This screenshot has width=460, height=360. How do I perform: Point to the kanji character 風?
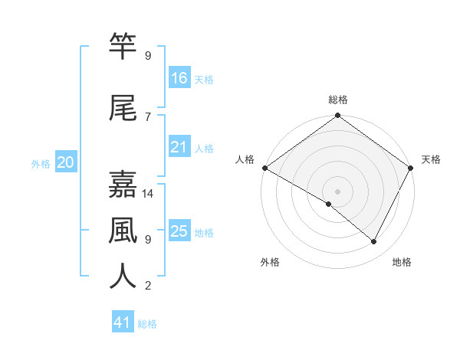123,231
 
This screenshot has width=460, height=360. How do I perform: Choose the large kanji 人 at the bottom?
123,277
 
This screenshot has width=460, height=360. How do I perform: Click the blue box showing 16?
179,78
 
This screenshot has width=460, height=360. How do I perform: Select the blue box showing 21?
179,147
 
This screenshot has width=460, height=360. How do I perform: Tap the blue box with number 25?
179,231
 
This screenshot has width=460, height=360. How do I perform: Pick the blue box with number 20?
65,162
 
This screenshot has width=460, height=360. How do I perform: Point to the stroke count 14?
148,194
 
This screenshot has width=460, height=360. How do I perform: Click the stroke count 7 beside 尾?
148,116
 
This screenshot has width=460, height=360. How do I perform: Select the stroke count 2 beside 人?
148,286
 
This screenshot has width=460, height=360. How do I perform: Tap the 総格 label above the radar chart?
338,100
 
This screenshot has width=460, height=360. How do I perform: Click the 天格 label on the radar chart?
431,159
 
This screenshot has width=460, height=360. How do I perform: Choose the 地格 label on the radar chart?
402,262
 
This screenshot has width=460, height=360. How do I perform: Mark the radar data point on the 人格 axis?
264,168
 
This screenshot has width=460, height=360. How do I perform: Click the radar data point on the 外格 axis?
329,204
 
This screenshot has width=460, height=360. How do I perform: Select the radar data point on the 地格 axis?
374,242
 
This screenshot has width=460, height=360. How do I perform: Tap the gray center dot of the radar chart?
338,191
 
